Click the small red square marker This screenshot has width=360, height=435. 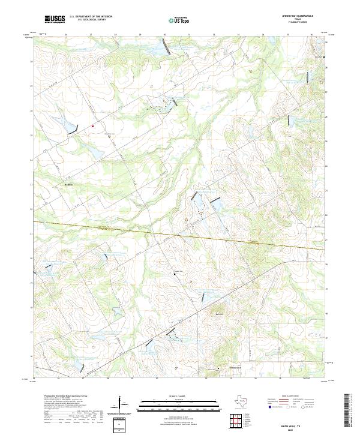pos(93,126)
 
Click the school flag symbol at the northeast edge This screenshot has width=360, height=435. pos(324,58)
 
